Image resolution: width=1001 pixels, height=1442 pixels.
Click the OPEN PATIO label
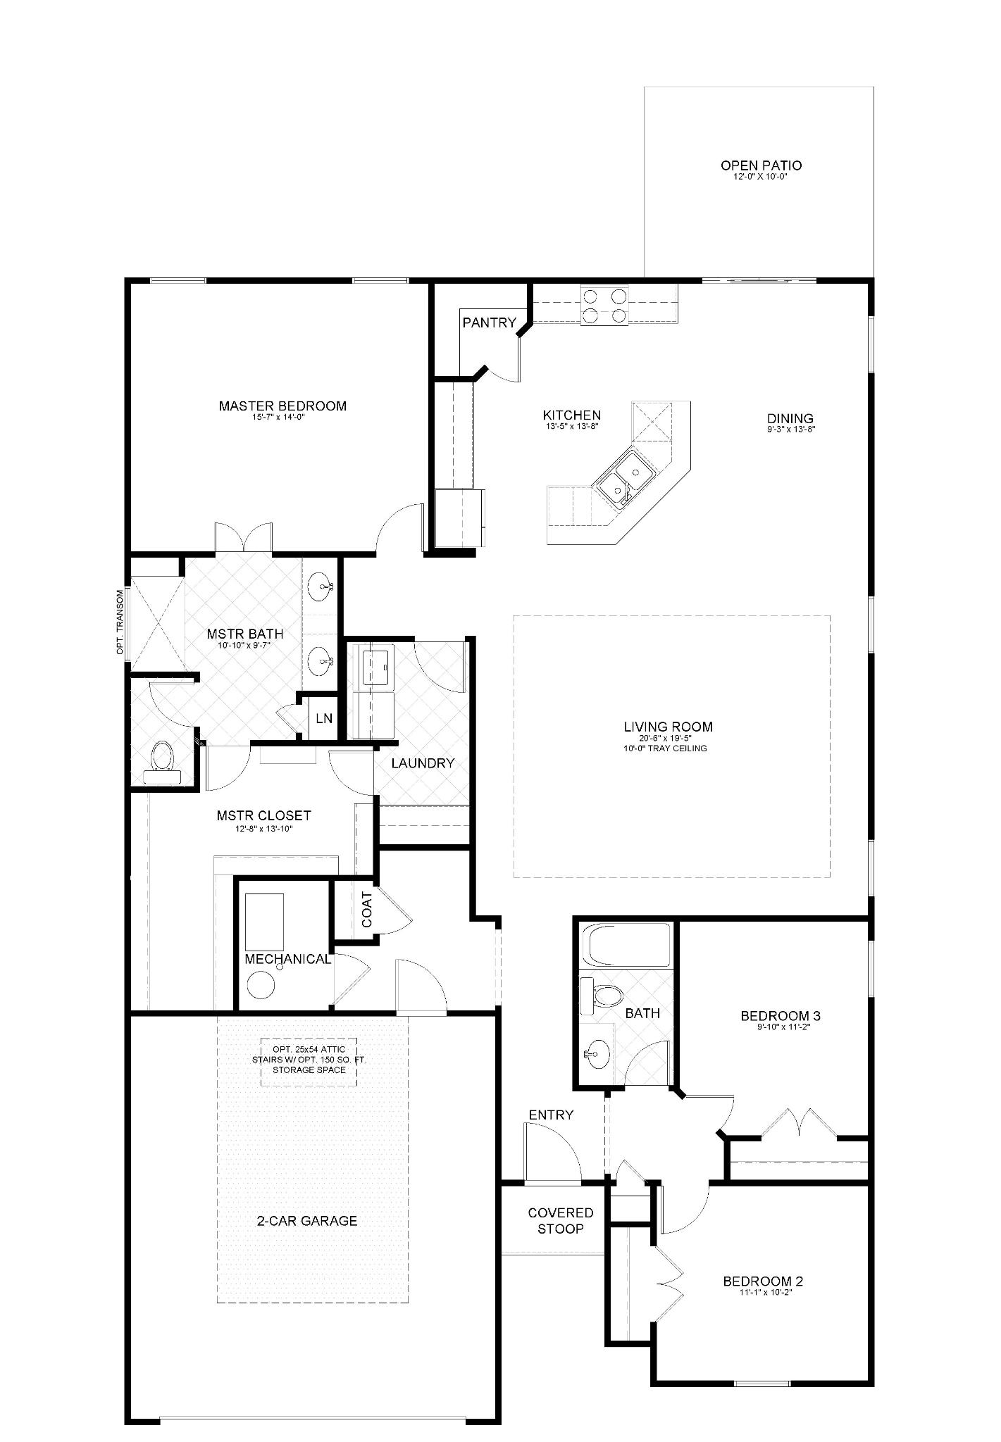pos(761,165)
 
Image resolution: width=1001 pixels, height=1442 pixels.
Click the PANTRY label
pos(489,323)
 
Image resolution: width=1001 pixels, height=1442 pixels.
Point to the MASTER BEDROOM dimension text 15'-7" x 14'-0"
pos(282,417)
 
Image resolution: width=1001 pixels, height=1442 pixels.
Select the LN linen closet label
pos(323,718)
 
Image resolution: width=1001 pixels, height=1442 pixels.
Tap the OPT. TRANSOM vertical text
pos(120,622)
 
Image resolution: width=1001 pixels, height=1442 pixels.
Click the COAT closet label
pos(366,909)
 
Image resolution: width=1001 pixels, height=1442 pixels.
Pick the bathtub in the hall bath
pos(626,945)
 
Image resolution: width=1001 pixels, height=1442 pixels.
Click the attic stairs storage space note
pos(309,1060)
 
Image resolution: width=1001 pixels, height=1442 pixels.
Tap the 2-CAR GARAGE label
pos(306,1221)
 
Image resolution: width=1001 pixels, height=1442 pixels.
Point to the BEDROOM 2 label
pos(763,1281)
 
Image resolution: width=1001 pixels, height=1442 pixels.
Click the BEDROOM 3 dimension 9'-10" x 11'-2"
pos(780,1027)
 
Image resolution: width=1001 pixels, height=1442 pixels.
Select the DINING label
pos(790,418)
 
